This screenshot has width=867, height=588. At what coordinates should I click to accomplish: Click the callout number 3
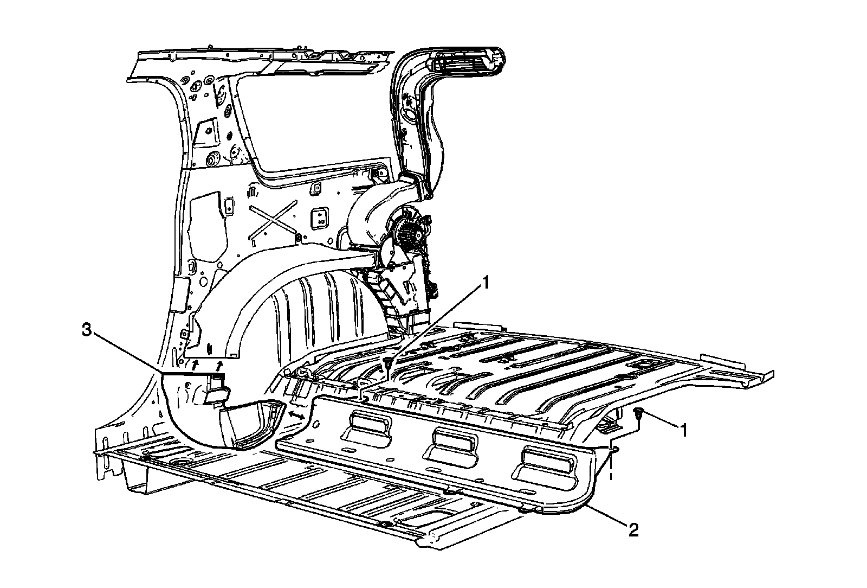(x=85, y=330)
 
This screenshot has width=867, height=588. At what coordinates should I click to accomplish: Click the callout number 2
(x=633, y=529)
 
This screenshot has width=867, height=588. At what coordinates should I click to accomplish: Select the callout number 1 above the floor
(x=486, y=282)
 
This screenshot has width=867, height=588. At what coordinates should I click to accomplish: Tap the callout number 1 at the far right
(x=684, y=430)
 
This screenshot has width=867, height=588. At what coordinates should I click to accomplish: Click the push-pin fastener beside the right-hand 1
(x=639, y=414)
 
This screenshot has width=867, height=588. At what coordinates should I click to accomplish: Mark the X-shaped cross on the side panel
(x=273, y=220)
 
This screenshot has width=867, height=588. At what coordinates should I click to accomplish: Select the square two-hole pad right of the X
(x=319, y=218)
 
